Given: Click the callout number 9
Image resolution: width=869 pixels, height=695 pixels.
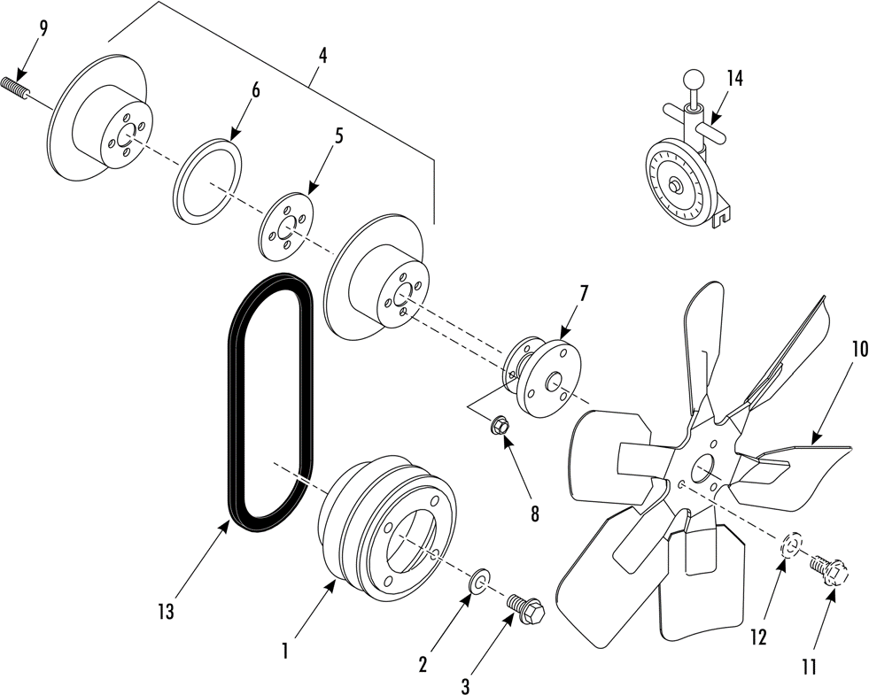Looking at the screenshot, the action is click(43, 30).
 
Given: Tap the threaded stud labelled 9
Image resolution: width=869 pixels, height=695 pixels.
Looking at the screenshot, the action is click(15, 89).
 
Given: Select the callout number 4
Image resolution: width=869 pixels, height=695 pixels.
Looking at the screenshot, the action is click(322, 56).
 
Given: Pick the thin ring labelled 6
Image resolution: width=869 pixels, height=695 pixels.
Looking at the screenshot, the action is click(207, 181).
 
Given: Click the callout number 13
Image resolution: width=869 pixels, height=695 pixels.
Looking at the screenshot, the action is click(166, 612).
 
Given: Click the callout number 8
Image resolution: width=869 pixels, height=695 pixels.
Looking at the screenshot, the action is click(534, 514).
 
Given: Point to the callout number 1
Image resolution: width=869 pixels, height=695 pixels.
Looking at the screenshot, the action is click(284, 652).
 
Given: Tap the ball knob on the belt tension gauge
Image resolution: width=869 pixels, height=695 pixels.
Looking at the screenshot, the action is click(692, 79).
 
